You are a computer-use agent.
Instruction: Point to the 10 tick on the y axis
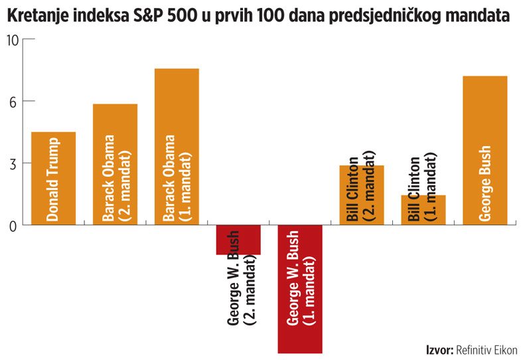(x=14, y=39)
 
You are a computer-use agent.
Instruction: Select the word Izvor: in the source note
(x=439, y=349)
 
